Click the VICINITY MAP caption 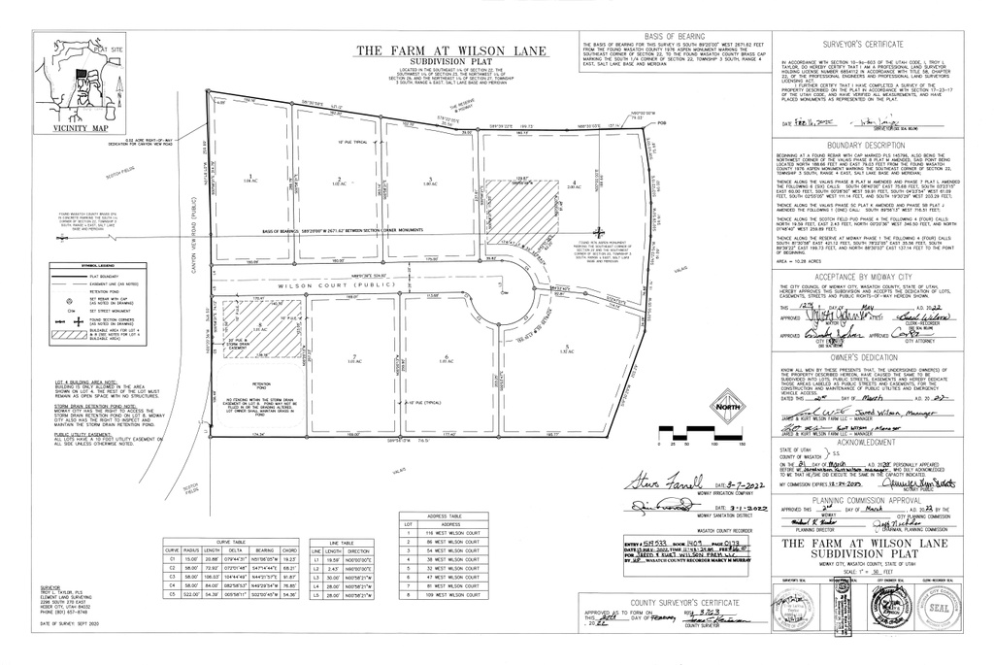pyautogui.click(x=81, y=128)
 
